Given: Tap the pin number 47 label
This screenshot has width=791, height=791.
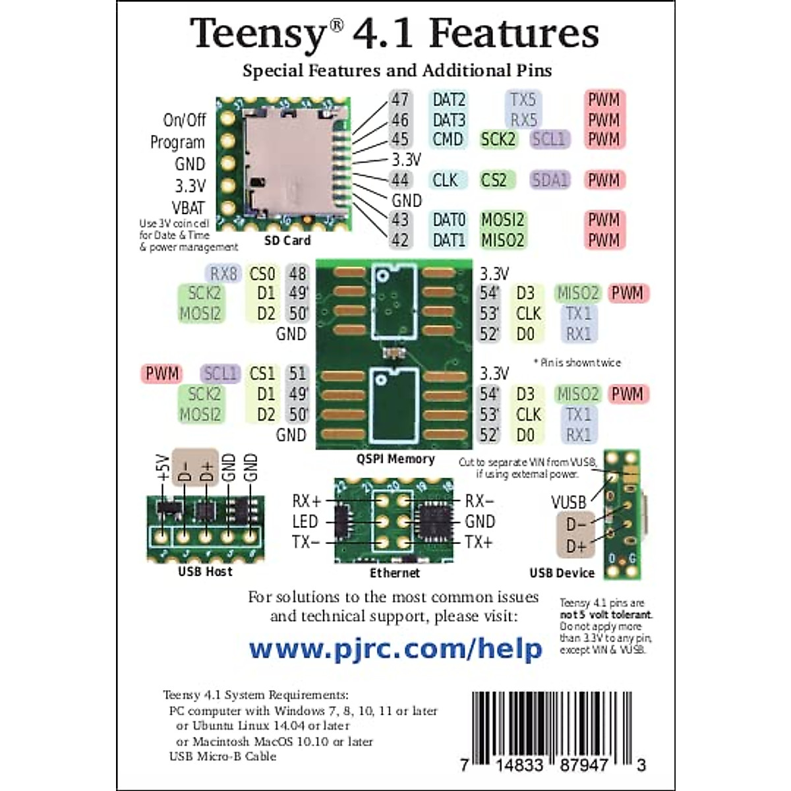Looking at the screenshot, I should (x=400, y=100).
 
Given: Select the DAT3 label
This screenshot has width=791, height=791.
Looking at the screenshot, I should (x=448, y=120).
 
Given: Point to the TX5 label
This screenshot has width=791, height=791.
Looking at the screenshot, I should (x=523, y=100).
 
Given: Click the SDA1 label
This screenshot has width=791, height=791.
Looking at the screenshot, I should (x=549, y=180).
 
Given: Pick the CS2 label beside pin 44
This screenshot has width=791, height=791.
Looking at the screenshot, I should (x=494, y=180).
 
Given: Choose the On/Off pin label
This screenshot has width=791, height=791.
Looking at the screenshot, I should (x=185, y=120).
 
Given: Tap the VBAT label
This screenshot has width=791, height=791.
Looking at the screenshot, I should (x=188, y=208).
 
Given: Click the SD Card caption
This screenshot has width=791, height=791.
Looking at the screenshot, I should (x=287, y=241).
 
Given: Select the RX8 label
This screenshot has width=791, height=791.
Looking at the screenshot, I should (x=223, y=274).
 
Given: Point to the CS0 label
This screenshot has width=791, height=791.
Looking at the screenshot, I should (x=262, y=274).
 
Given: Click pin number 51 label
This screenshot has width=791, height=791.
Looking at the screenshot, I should (x=298, y=374).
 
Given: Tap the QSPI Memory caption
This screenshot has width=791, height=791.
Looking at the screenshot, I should (x=395, y=459).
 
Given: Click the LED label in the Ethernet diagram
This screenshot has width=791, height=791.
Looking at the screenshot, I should (x=305, y=522).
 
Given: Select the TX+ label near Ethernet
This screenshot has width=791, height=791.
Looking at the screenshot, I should (x=479, y=542).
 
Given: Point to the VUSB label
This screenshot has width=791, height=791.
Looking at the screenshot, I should (x=568, y=502).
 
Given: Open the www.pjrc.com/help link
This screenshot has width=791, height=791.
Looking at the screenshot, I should (x=395, y=649).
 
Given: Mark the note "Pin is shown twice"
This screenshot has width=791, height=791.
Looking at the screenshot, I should (x=577, y=363).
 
